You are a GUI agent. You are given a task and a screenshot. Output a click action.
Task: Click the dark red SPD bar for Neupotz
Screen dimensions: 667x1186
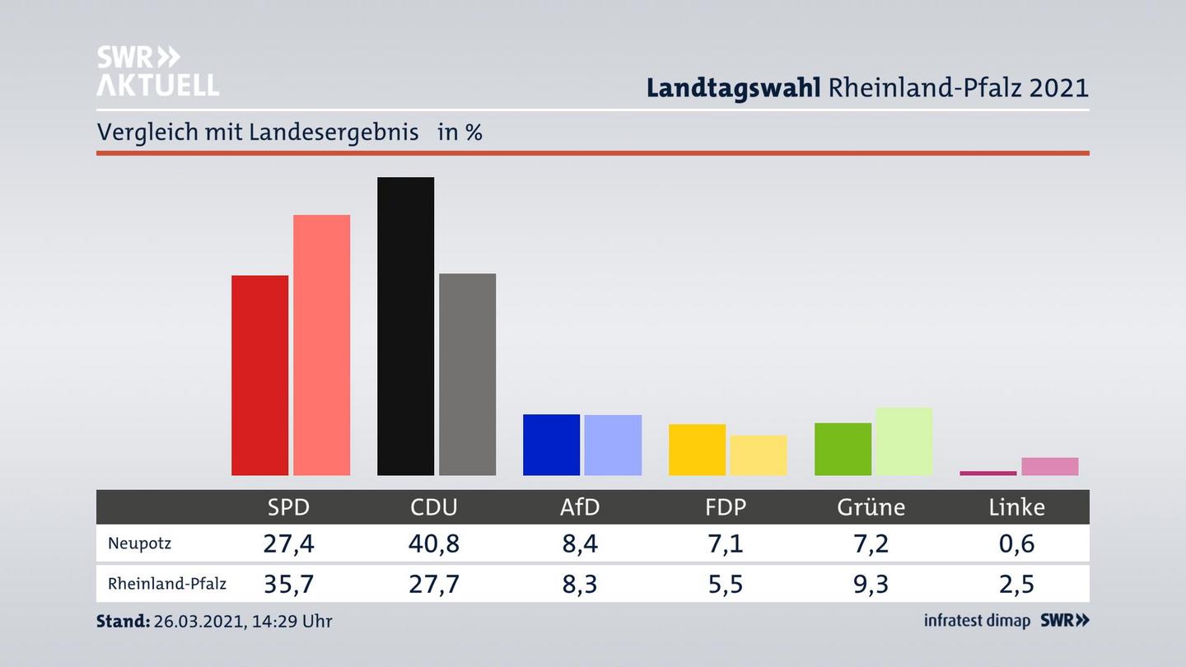tap(259, 375)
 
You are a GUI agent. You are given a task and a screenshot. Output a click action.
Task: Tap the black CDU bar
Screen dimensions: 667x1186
tap(405, 326)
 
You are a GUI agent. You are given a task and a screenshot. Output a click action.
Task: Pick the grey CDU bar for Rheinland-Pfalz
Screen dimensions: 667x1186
tap(467, 374)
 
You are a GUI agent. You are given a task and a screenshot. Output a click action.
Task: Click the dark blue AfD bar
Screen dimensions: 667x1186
tap(551, 445)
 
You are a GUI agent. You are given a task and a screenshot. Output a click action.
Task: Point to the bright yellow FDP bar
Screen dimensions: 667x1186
tap(697, 450)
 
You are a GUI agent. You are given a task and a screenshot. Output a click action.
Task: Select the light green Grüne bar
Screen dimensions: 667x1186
tap(904, 441)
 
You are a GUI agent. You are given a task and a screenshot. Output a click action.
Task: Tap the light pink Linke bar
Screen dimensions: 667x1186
tap(1049, 466)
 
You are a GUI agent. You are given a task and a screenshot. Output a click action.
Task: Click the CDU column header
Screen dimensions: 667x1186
tap(434, 507)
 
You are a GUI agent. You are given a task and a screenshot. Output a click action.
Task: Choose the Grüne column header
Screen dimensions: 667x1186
tap(871, 507)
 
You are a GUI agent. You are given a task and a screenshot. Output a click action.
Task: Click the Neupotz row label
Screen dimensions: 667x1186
tap(139, 543)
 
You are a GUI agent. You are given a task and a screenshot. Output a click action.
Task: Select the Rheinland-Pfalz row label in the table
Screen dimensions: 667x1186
tap(166, 584)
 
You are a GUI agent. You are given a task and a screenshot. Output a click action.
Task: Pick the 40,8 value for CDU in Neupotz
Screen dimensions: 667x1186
tap(434, 543)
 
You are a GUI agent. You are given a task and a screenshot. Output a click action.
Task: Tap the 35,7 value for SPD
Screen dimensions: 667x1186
tap(288, 584)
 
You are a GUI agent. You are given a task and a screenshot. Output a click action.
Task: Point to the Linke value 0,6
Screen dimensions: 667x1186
tap(1016, 543)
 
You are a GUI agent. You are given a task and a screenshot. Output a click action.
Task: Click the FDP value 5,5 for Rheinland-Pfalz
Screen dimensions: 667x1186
tap(726, 584)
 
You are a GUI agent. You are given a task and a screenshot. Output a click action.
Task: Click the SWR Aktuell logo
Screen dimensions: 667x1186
tap(157, 71)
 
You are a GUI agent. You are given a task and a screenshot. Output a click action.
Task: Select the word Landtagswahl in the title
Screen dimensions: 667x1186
tap(733, 87)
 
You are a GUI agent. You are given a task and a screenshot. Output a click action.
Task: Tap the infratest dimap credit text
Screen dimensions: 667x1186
tap(977, 621)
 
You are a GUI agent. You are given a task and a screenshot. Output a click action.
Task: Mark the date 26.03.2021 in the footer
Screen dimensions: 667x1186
tap(196, 621)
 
